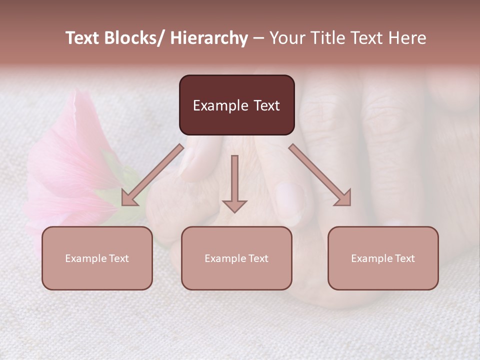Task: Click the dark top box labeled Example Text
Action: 236,105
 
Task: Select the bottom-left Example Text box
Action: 97,258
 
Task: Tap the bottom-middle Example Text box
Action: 236,258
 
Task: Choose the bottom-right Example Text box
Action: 383,258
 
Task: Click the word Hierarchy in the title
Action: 209,38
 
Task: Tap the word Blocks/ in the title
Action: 136,38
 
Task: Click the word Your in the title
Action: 287,38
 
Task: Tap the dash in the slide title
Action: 258,38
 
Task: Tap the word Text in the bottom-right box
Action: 404,258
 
